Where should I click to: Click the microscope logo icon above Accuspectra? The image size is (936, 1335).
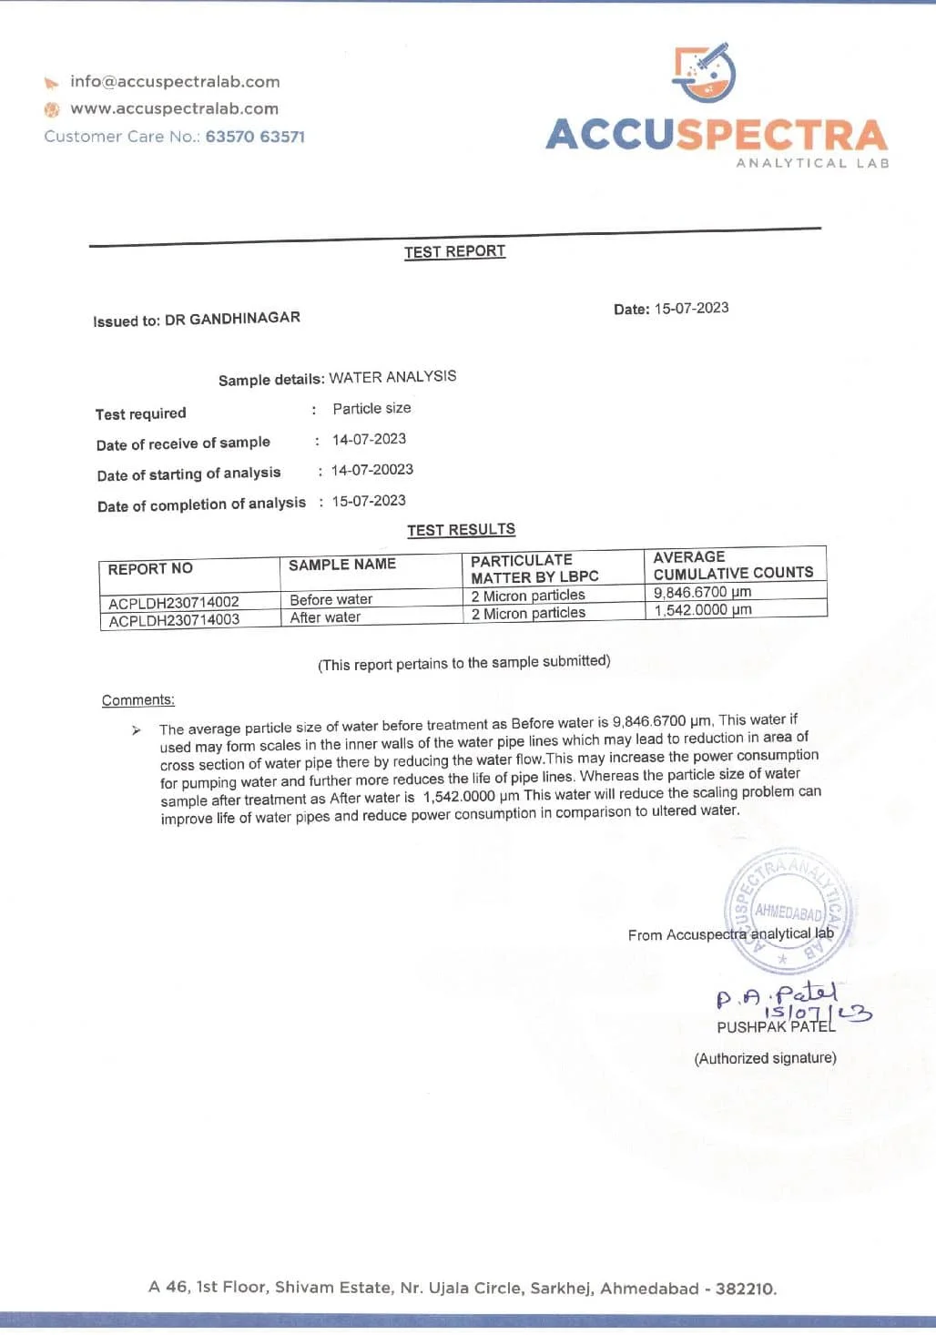click(705, 72)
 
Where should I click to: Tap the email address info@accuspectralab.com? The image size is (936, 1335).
click(175, 82)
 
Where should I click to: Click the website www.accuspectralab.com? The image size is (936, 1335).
click(174, 108)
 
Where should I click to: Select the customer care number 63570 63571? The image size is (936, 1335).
click(255, 137)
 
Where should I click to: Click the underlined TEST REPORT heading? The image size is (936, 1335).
click(454, 251)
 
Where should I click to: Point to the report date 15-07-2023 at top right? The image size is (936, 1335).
click(691, 308)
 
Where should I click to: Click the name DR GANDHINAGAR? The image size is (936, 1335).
click(232, 318)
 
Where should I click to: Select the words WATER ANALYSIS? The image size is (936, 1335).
click(392, 377)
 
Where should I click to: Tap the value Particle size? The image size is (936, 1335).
click(371, 408)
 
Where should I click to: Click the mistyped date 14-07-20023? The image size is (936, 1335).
click(372, 470)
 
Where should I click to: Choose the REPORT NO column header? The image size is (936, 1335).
click(150, 569)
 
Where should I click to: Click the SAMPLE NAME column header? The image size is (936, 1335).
click(342, 565)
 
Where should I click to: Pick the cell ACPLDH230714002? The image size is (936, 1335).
click(174, 603)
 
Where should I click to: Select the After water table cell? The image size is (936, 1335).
click(325, 617)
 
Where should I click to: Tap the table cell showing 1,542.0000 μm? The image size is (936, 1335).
click(703, 610)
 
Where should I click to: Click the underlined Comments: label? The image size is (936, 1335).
click(138, 700)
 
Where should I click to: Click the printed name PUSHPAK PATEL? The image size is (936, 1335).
click(775, 1027)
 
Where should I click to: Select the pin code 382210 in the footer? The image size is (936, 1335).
click(745, 1289)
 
